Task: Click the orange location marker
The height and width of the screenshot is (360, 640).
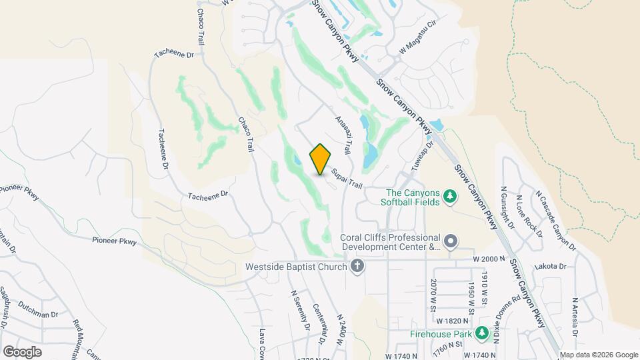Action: pos(320,159)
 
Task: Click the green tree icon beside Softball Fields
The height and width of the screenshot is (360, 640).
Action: pos(451,196)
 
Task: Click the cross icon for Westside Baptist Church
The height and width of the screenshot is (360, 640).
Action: pos(358,267)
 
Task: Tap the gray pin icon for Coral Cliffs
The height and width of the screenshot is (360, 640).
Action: pos(451,241)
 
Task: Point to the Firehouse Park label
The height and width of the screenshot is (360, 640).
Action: pos(438,333)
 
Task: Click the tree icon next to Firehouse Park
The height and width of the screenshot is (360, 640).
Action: pos(482,333)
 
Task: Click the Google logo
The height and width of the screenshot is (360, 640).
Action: pos(22,351)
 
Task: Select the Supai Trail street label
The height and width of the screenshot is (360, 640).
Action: pos(346,178)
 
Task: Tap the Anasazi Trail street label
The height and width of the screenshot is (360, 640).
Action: pos(343,134)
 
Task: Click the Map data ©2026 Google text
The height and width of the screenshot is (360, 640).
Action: pos(598,355)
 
